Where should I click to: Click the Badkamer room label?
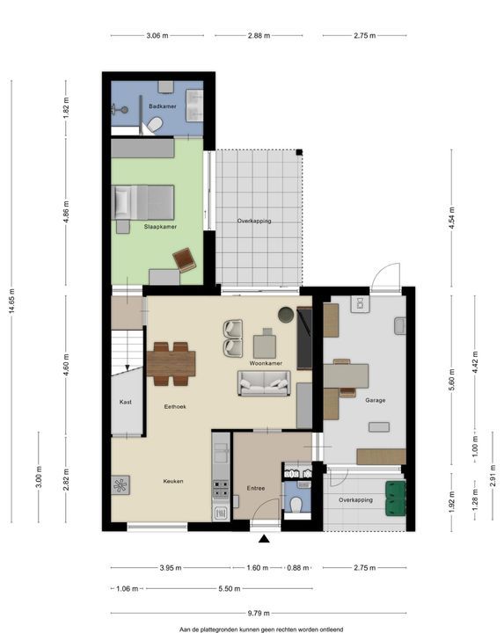coord(163,106)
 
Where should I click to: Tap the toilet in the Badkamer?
coord(154,125)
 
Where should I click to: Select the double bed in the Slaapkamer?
coord(144,202)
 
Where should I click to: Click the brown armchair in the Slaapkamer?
coord(184,259)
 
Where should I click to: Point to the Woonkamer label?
coord(266,363)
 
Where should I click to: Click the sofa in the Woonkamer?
coord(264,383)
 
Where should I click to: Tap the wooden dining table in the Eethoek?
coord(171,363)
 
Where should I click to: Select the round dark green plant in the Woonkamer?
coord(287,315)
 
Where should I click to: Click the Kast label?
coord(126,402)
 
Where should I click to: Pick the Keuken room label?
coord(173,481)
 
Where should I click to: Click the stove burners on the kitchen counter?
coord(221,489)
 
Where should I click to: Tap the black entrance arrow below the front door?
coord(264,538)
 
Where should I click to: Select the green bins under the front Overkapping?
coord(395,498)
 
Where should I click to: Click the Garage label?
coord(376,401)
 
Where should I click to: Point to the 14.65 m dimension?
coord(11,302)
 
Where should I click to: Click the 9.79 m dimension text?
coord(259,614)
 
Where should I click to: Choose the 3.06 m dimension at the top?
coord(157,35)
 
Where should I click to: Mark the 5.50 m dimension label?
coord(230,588)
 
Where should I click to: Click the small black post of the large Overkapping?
coord(299,152)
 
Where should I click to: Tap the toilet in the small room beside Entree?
coord(296,505)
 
